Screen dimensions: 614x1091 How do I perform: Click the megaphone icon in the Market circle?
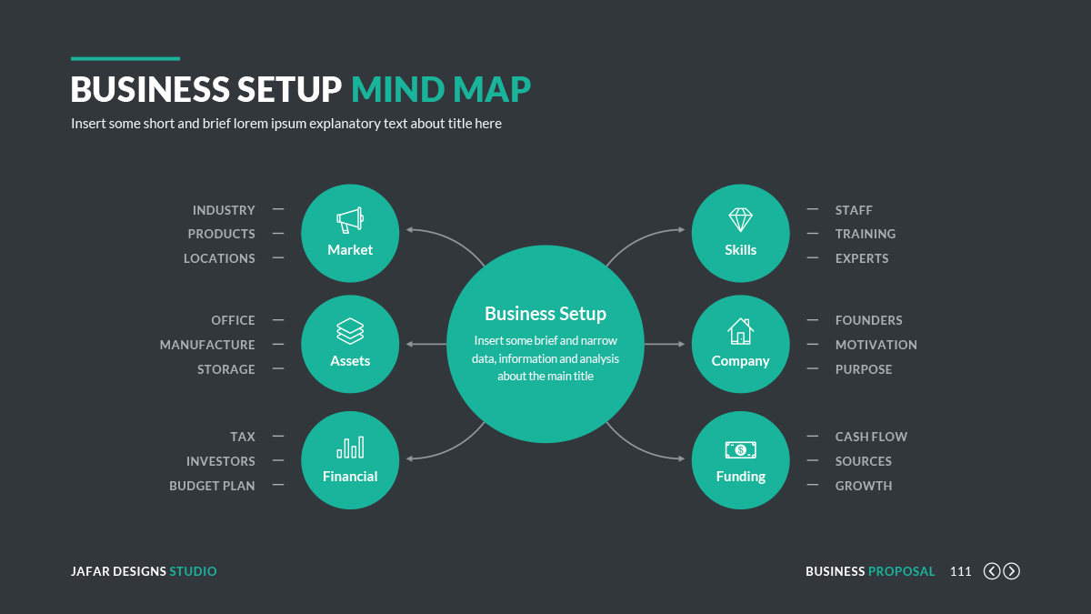(350, 219)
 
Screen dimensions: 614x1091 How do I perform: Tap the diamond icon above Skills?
(740, 219)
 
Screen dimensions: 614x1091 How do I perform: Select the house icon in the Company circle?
(740, 330)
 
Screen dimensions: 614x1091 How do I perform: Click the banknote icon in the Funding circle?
(740, 449)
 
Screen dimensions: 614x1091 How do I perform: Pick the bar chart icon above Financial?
(350, 447)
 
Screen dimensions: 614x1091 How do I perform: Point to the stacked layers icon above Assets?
(350, 330)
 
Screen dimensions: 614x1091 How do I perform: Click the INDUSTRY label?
(224, 210)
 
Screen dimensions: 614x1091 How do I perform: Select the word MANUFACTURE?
(207, 345)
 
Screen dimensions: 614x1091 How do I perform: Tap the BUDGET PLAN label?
(212, 486)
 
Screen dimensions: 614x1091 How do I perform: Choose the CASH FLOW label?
(871, 437)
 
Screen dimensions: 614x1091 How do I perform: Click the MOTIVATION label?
(876, 345)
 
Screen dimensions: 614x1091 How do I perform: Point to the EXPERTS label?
(862, 258)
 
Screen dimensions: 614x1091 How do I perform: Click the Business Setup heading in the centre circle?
(545, 314)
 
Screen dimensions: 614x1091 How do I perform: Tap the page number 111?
(960, 571)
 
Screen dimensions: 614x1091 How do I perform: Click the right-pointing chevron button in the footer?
(1011, 571)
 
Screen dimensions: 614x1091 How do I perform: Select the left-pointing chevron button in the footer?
(992, 571)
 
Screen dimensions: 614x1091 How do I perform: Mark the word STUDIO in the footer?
(193, 571)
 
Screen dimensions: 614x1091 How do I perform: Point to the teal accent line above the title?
(125, 58)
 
